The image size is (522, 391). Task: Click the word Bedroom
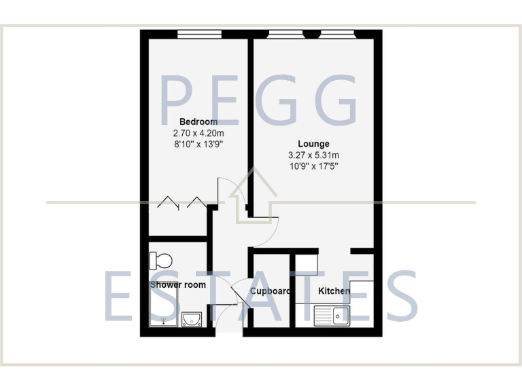[194, 122]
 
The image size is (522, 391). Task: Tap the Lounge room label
[313, 144]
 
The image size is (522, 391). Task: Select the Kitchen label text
[334, 291]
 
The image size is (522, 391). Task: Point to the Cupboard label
[271, 291]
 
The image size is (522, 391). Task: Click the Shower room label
[177, 285]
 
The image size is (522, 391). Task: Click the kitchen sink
[332, 315]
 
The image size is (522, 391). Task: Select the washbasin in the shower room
[192, 319]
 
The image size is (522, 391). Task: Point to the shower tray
[163, 309]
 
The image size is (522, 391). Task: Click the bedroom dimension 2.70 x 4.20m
[194, 134]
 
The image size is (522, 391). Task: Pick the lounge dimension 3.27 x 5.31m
[313, 155]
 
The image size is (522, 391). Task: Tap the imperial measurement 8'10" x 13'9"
[194, 145]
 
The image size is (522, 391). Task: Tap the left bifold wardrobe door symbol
[167, 202]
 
